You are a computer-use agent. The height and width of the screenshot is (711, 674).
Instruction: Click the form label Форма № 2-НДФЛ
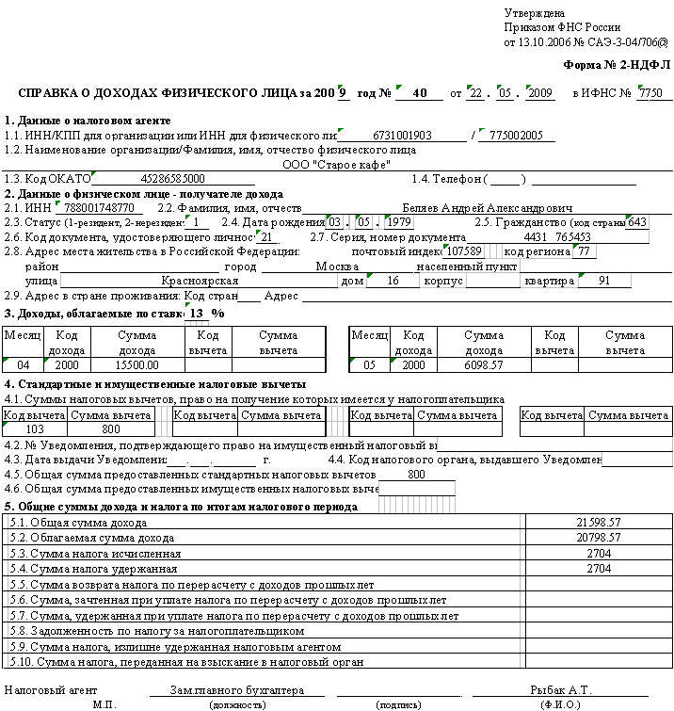tap(616, 65)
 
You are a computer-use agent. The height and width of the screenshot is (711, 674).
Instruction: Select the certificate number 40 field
tap(420, 93)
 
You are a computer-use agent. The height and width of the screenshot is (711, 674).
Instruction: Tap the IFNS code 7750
tap(650, 93)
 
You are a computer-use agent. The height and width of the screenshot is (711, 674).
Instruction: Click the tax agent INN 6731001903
tap(402, 136)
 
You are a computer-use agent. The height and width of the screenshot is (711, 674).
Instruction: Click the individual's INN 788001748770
tap(99, 207)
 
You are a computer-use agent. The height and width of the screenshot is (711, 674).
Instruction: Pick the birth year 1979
tap(399, 222)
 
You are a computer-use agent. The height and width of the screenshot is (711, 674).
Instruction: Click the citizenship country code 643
tap(636, 222)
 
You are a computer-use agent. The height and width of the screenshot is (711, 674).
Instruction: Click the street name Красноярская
tap(199, 282)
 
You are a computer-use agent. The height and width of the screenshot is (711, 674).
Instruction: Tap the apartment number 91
tap(602, 282)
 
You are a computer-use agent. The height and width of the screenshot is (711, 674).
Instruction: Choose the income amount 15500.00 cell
tap(137, 364)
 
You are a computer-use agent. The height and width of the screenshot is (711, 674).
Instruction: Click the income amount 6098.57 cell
tap(484, 364)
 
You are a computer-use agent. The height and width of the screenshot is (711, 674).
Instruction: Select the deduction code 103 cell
tap(35, 429)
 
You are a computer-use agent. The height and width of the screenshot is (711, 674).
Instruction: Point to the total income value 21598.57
tap(599, 521)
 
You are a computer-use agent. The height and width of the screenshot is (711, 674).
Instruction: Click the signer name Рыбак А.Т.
tap(561, 690)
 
